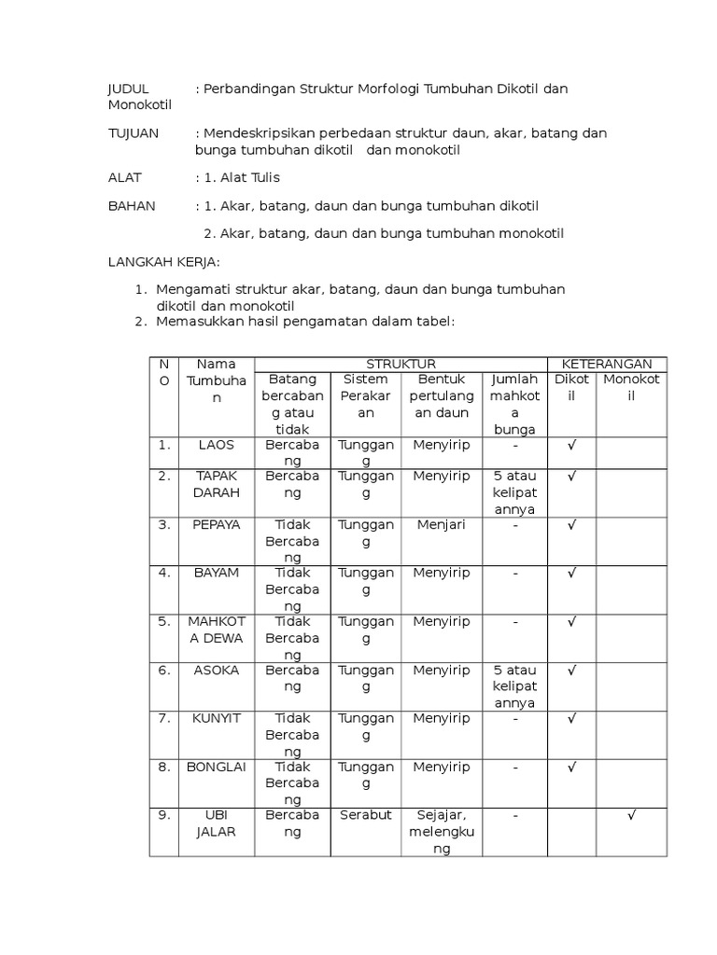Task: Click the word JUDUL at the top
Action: [129, 89]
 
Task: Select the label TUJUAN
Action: [131, 133]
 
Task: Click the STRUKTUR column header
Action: [401, 364]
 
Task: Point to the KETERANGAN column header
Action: [607, 364]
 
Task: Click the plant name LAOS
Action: [217, 445]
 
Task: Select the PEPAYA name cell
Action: [217, 524]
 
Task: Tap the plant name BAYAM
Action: [217, 573]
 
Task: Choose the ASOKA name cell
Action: [217, 670]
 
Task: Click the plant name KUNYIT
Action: [217, 718]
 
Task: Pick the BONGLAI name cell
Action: [217, 767]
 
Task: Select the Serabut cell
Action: [366, 815]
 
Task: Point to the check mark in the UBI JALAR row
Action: [632, 815]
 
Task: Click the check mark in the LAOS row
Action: [571, 445]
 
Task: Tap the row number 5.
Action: [164, 621]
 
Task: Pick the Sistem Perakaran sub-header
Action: [366, 395]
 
